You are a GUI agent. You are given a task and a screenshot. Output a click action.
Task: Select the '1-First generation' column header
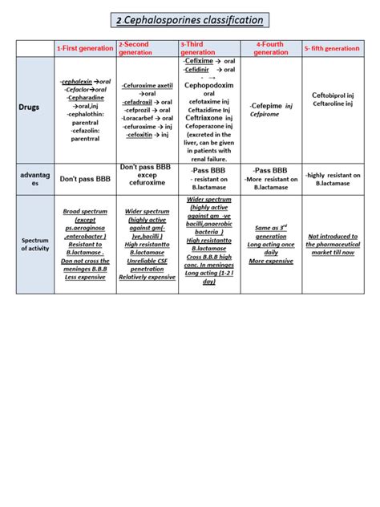[x=85, y=49]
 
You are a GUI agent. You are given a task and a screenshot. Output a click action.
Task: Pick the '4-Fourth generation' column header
[x=270, y=48]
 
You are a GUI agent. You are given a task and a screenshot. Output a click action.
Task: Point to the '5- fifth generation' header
[x=331, y=49]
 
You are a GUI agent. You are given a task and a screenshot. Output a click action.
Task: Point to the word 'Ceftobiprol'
[x=329, y=97]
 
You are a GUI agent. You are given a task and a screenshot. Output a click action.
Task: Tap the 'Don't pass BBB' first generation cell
[x=85, y=179]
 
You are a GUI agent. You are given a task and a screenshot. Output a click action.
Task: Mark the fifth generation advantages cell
[x=333, y=179]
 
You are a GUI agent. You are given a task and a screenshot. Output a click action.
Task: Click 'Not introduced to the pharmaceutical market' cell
[x=333, y=243]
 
